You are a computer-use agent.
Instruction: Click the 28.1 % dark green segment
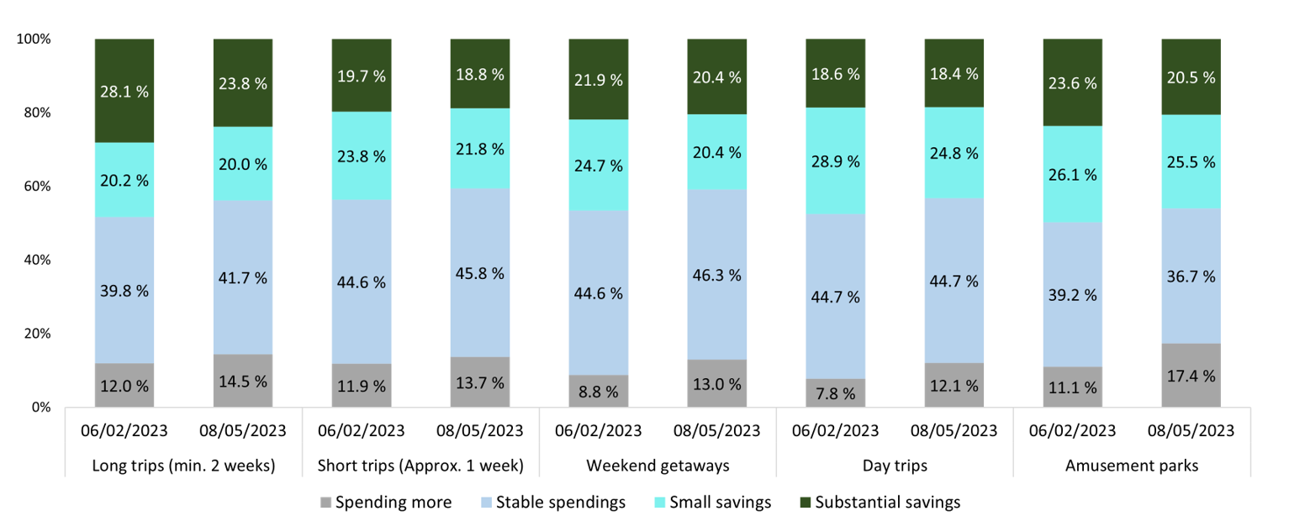point(124,91)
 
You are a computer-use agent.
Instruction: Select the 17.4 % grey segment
point(1191,375)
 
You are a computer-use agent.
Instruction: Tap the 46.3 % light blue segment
point(716,275)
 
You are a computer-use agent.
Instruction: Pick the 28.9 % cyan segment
point(835,161)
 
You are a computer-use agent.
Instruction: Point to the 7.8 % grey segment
point(835,392)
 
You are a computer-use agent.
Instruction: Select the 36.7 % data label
point(1191,277)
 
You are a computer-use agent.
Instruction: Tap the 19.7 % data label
point(362,76)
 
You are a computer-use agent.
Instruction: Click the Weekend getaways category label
point(657,465)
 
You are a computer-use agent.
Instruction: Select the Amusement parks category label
point(1131,465)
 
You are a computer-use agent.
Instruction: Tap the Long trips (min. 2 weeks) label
point(183,465)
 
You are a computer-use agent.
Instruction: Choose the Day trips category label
point(894,465)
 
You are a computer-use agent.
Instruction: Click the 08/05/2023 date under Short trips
point(480,431)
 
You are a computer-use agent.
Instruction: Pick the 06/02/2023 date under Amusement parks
point(1072,431)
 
